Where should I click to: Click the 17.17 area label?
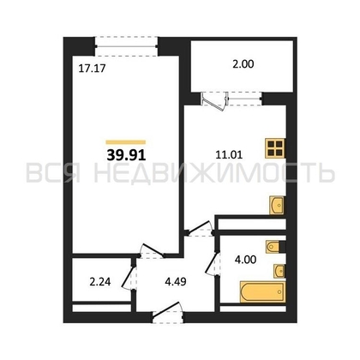[92, 69]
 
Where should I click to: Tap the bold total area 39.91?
[126, 155]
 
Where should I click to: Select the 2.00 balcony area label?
[243, 64]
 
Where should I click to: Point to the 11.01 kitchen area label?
[229, 155]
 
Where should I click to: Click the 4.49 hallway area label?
[176, 282]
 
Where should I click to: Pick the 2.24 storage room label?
[100, 282]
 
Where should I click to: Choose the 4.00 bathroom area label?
[245, 260]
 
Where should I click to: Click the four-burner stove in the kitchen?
[275, 148]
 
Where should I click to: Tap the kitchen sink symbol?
[277, 205]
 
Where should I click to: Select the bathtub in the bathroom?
[262, 291]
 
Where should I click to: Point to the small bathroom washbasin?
[279, 271]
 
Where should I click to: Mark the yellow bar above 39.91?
[126, 142]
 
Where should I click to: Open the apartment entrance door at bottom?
[168, 312]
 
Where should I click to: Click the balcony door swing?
[213, 101]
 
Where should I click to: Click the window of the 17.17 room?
[126, 46]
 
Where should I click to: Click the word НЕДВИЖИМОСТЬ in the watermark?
[214, 173]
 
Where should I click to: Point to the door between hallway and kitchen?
[200, 228]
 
